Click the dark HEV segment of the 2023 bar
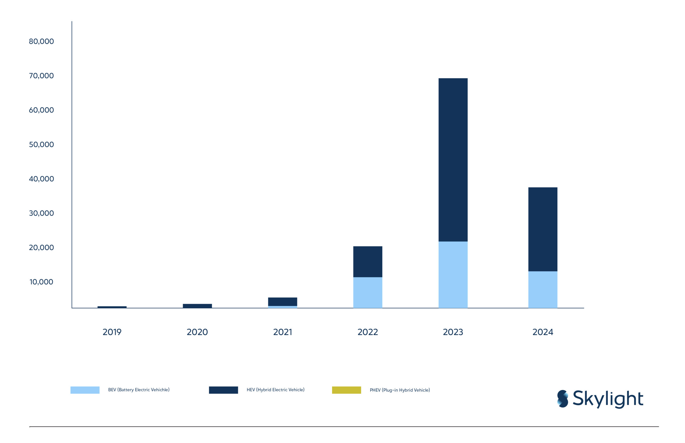point(453,160)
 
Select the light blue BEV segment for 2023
point(453,275)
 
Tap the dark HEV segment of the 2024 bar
point(543,230)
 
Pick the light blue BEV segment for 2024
point(543,290)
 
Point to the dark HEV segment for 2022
point(368,262)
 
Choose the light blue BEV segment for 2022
point(368,293)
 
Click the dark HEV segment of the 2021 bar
point(282,302)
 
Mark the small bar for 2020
point(197,306)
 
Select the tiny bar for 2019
point(112,307)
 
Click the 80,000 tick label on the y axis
point(41,41)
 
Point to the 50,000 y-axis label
point(41,145)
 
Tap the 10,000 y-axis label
point(41,282)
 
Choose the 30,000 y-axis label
point(41,213)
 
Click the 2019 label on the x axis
point(112,332)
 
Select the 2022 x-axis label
point(368,332)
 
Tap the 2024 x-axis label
point(543,332)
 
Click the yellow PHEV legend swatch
point(346,390)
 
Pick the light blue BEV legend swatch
point(85,390)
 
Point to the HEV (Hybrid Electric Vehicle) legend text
point(275,390)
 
